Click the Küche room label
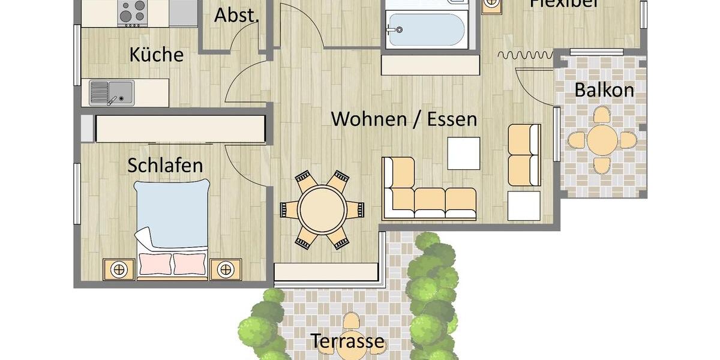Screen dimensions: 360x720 pyautogui.click(x=156, y=55)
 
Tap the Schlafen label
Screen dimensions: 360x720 pyautogui.click(x=165, y=165)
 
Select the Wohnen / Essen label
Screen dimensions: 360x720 pyautogui.click(x=404, y=119)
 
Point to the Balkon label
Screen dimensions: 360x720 pyautogui.click(x=604, y=91)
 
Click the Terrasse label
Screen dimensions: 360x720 pyautogui.click(x=347, y=341)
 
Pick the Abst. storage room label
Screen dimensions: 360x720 pyautogui.click(x=236, y=16)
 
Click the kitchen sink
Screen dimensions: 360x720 pyautogui.click(x=112, y=93)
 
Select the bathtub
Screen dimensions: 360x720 pyautogui.click(x=425, y=29)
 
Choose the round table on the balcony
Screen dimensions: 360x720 pyautogui.click(x=602, y=140)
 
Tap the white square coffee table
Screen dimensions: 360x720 pyautogui.click(x=463, y=153)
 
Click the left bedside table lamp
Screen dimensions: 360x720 pyautogui.click(x=119, y=269)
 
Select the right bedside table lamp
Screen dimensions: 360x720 pyautogui.click(x=226, y=269)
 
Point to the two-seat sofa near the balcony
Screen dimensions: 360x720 pyautogui.click(x=524, y=155)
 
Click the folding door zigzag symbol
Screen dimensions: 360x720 pyautogui.click(x=525, y=56)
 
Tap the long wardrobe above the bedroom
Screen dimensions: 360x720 pyautogui.click(x=180, y=128)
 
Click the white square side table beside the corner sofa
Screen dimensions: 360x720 pyautogui.click(x=524, y=206)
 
